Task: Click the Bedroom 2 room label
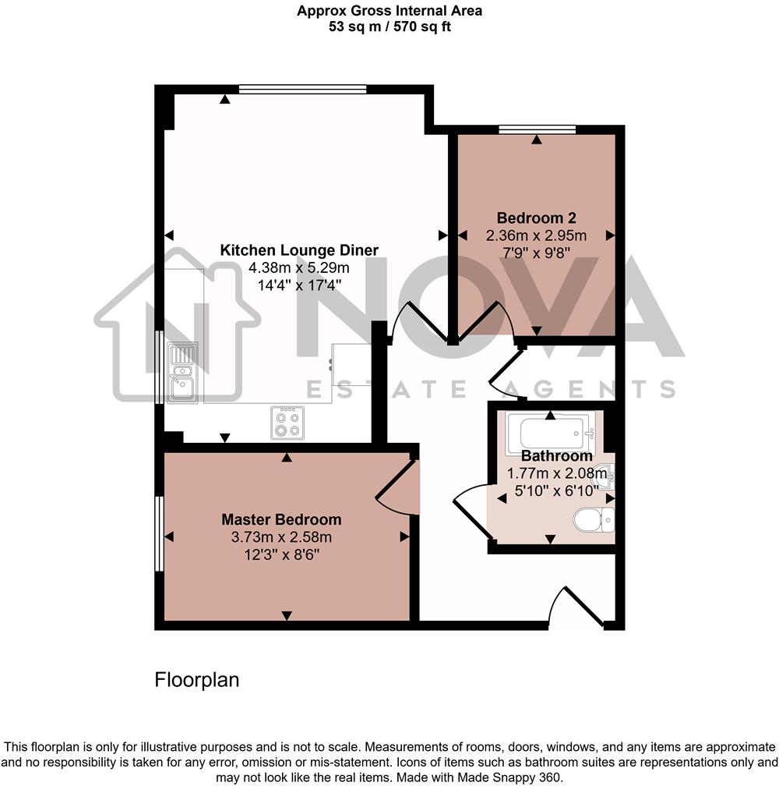[537, 218]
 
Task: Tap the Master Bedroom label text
[281, 519]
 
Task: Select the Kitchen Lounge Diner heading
[299, 250]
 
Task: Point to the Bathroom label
[556, 456]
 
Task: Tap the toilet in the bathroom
[594, 519]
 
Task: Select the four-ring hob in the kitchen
[287, 422]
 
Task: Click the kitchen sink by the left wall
[182, 372]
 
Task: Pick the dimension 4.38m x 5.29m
[299, 267]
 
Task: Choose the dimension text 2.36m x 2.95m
[537, 235]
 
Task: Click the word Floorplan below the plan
[197, 679]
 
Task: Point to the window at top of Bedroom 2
[537, 129]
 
